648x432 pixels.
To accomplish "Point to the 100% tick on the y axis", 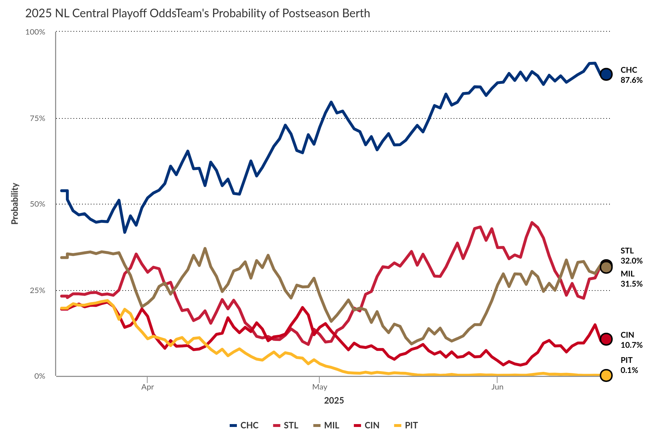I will (35, 32).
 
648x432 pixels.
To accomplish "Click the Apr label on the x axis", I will (148, 387).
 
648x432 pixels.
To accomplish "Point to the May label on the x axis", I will (320, 387).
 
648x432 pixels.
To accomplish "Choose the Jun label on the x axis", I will (497, 387).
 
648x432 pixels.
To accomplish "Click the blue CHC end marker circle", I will (606, 74).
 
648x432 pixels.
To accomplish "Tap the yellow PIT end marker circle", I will (606, 375).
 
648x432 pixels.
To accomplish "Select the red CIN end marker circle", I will (606, 339).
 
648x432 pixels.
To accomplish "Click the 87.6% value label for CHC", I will (631, 80).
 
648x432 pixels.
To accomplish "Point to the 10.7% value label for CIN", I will (631, 345).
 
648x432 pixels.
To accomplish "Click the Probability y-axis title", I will (15, 204).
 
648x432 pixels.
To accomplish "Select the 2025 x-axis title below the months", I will (334, 400).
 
